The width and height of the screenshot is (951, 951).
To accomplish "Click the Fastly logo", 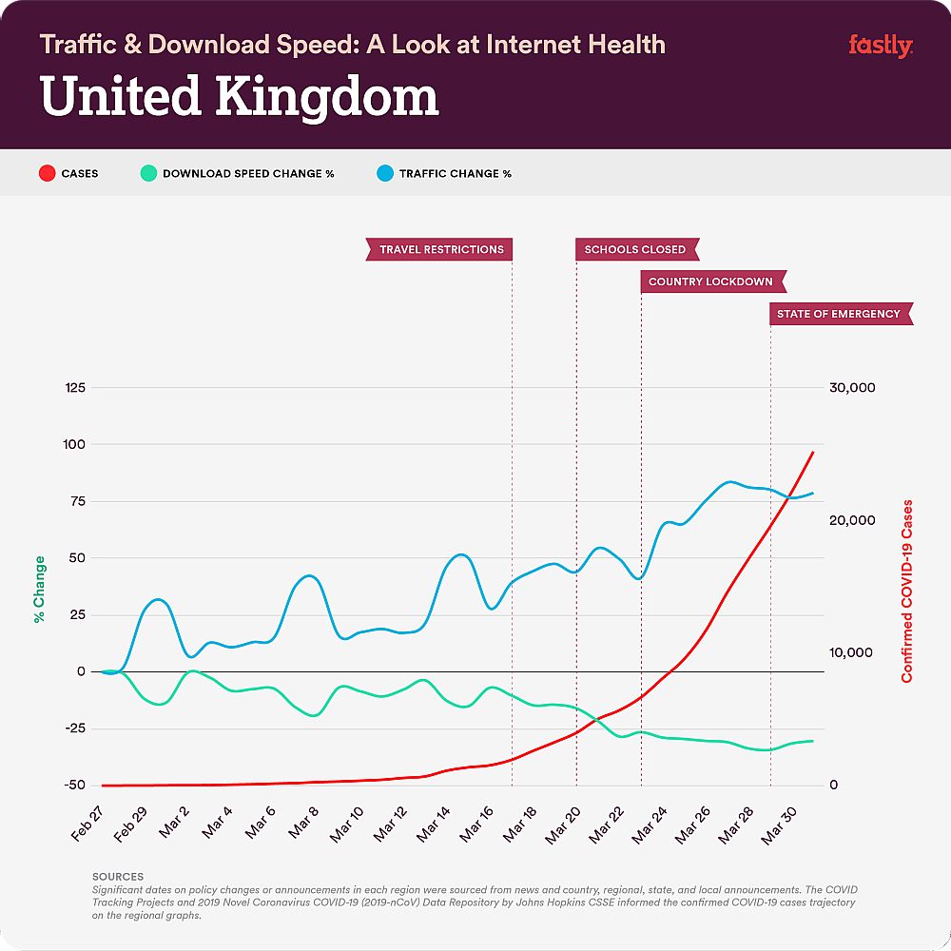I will (880, 46).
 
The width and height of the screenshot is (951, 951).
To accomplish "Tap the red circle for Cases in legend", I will (45, 174).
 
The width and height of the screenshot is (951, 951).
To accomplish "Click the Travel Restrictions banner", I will (440, 249).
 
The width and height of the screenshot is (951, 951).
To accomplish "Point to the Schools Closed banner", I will (636, 249).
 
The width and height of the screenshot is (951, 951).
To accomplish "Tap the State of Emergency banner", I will (840, 314).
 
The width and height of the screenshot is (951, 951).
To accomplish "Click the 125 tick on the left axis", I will (73, 388).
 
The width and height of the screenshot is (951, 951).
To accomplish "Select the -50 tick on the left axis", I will (73, 786).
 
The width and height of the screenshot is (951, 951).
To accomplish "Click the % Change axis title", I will (40, 590).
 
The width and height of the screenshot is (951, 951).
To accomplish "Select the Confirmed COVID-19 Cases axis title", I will (906, 590).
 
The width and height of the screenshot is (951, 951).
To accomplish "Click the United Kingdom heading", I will (240, 98).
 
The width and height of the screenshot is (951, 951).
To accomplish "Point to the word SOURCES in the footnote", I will (118, 876).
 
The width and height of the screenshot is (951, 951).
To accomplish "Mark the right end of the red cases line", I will (813, 453).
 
